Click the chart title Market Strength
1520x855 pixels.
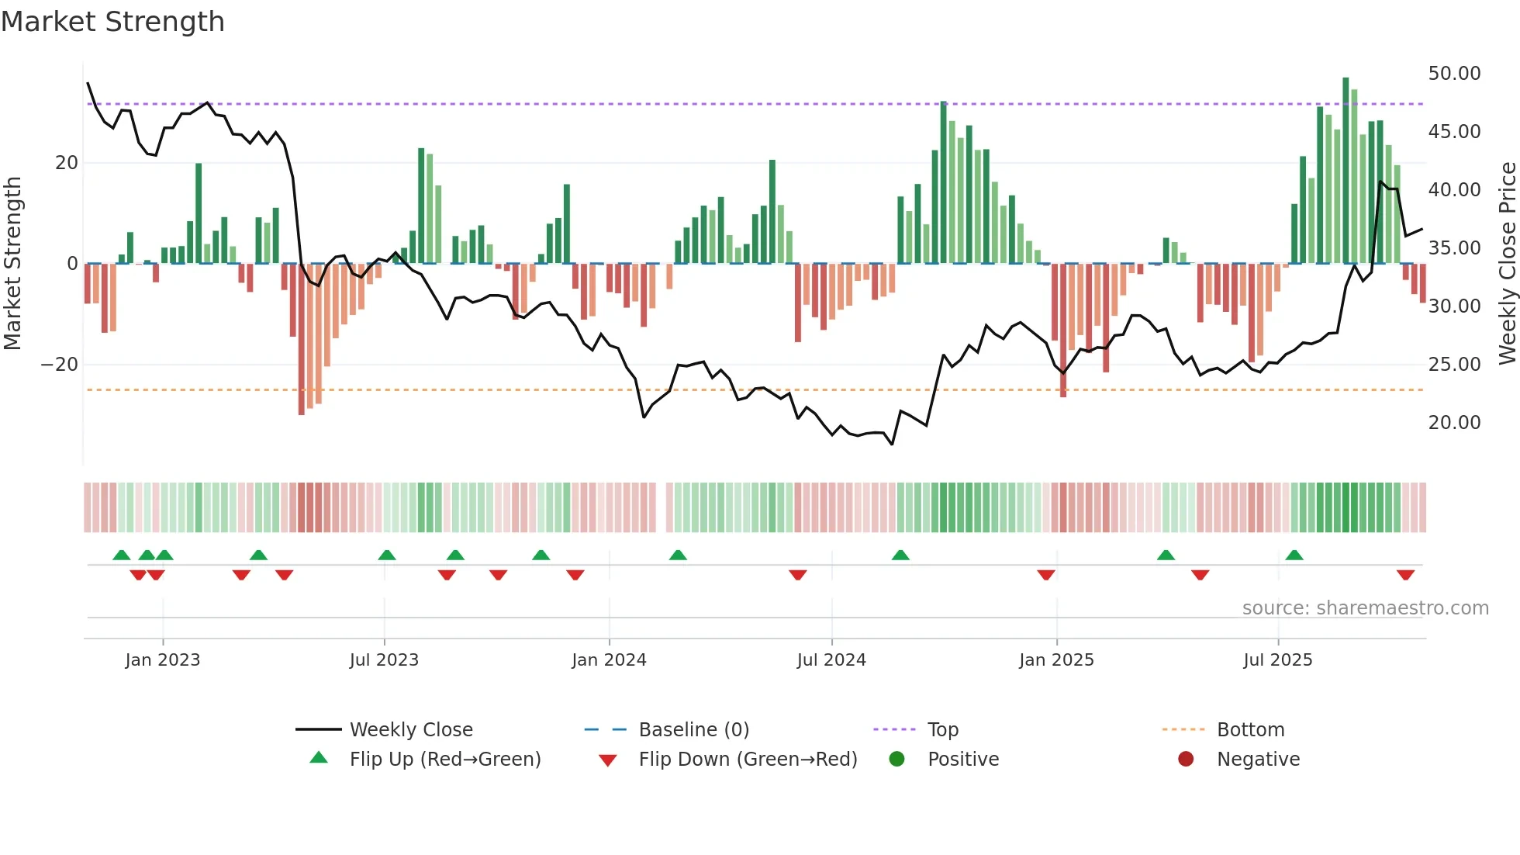[112, 22]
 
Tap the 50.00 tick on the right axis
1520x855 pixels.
[1454, 74]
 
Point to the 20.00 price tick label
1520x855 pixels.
[1454, 423]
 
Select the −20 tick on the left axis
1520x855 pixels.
[60, 365]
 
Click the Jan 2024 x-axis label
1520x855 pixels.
[609, 660]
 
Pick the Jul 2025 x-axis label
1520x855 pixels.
[1277, 660]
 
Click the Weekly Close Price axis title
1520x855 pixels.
[1507, 264]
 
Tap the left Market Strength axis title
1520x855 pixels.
[12, 264]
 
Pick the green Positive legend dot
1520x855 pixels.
[896, 760]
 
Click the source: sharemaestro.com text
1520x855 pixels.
[1365, 608]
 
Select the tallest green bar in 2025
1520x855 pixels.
[1346, 171]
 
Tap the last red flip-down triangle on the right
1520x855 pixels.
[1405, 575]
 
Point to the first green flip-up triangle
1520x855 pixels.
[122, 555]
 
